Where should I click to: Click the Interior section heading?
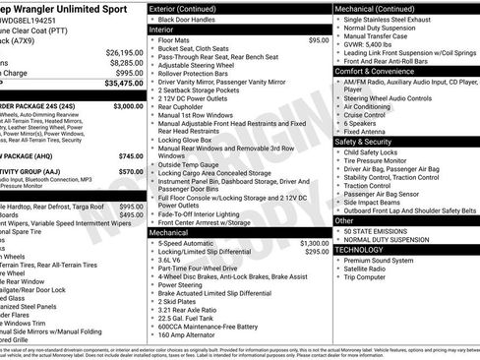click(160, 30)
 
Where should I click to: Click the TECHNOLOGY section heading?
click(359, 249)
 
